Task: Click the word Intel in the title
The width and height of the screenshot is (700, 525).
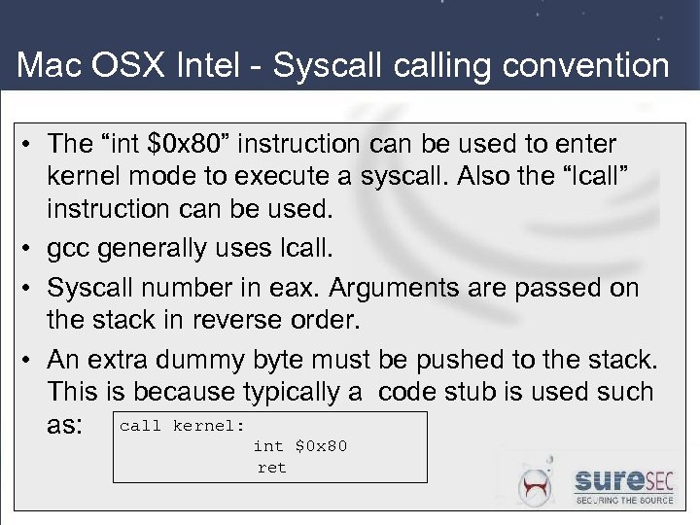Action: point(226,65)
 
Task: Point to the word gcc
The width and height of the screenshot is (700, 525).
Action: point(68,249)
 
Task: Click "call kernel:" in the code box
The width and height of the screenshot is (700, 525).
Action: point(182,426)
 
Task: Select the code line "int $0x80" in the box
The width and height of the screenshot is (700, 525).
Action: point(299,446)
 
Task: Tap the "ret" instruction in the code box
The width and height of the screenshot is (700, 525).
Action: point(272,468)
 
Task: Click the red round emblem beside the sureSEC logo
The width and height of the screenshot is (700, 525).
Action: point(537,484)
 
